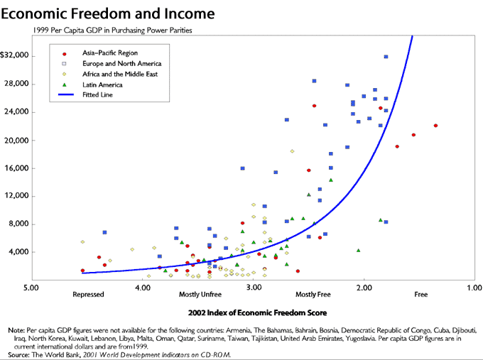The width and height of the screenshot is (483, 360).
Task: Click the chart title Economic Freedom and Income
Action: coord(107,14)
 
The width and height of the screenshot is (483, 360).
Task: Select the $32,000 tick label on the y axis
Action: coord(14,55)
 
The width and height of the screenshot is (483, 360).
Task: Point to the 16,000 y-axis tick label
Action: coord(16,168)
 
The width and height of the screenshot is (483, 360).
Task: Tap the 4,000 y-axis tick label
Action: coord(18,252)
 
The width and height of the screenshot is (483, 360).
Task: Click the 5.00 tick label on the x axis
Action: coord(31,288)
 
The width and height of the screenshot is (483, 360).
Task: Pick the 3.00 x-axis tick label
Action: coord(254,288)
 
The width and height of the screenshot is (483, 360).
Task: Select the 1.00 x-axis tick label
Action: coord(474,288)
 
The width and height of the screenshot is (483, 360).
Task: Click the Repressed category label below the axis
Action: coord(88,295)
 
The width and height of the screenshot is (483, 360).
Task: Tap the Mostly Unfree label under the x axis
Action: coord(200,295)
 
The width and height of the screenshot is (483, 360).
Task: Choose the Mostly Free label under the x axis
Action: coord(313,295)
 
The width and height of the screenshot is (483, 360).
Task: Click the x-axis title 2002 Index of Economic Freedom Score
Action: coord(258,313)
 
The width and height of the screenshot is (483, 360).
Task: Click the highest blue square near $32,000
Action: coord(386,57)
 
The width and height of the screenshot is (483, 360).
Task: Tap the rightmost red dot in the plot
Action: coord(435,126)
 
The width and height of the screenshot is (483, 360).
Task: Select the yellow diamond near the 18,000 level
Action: coord(292,151)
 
